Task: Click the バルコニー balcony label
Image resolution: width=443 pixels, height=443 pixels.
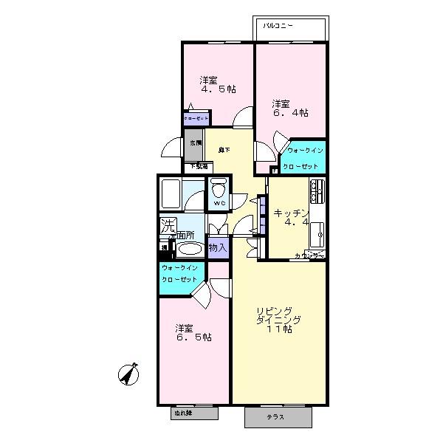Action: click(278, 26)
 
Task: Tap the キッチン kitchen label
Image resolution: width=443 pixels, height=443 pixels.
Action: click(289, 212)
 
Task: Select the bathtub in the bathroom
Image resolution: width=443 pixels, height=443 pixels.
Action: click(175, 194)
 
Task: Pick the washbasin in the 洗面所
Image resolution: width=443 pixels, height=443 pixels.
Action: click(188, 249)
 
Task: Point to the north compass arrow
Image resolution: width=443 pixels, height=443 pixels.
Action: click(129, 376)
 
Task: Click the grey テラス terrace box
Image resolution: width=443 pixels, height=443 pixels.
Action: click(278, 416)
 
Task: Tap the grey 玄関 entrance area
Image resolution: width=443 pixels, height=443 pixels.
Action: click(193, 148)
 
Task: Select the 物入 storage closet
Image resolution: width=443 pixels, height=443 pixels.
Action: click(218, 248)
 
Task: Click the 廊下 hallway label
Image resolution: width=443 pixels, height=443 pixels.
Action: click(224, 151)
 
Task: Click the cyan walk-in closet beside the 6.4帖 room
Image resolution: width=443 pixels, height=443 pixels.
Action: click(303, 157)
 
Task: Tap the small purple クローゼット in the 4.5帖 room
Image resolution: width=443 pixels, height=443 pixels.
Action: click(197, 117)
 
